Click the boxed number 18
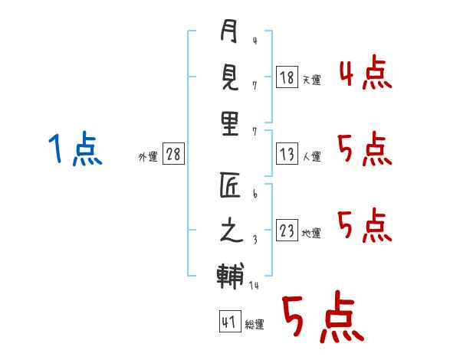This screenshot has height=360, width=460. point(287,77)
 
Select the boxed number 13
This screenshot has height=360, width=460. point(287,154)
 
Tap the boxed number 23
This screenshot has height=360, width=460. point(287,231)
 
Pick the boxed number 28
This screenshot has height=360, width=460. point(173,154)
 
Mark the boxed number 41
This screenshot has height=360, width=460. point(229,322)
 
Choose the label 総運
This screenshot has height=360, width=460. point(255,325)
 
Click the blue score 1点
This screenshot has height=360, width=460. point(74,149)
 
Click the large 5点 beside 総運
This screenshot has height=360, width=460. point(322,319)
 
